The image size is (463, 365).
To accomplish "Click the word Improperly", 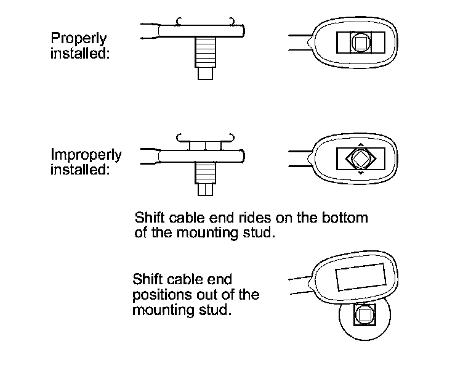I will (86, 155).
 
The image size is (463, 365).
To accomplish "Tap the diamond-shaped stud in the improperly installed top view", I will (360, 158).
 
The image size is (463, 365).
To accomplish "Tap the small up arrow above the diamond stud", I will (360, 141).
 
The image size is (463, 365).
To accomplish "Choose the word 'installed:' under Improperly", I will (80, 170).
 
